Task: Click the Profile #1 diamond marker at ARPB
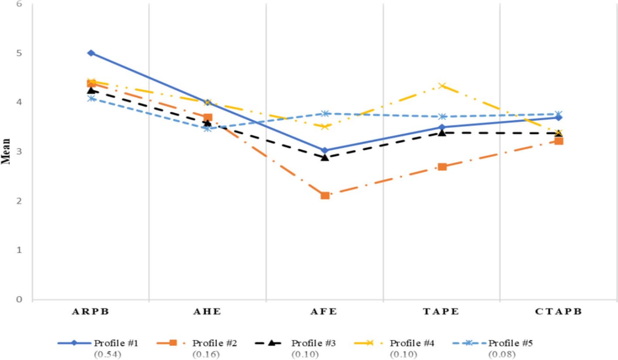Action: [91, 53]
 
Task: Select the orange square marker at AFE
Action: [325, 195]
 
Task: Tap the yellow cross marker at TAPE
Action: [442, 86]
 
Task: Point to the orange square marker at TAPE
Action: [442, 166]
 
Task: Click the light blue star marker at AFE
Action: [325, 114]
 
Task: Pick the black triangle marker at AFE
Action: [325, 157]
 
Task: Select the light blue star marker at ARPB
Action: [91, 98]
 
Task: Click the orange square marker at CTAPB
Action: [559, 141]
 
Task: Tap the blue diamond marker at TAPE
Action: [442, 127]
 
